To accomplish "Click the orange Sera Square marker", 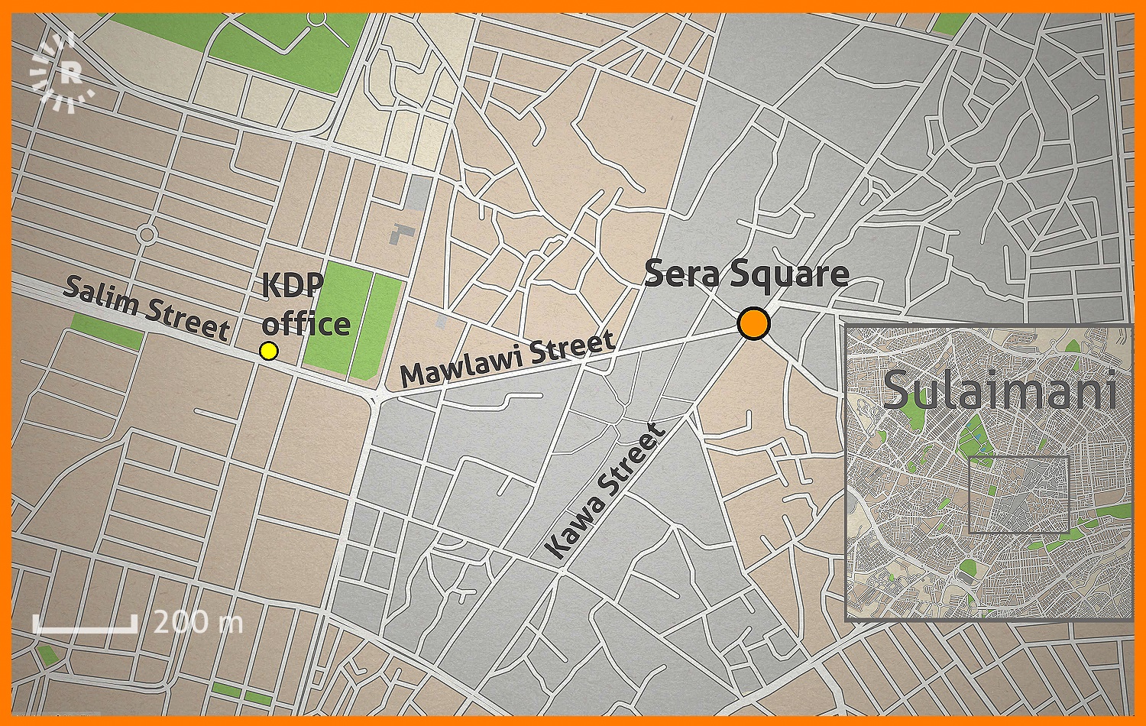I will (753, 324).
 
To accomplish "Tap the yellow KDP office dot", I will (268, 351).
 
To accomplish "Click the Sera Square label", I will (746, 274).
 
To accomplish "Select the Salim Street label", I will (146, 308).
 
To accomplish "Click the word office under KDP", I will (306, 323).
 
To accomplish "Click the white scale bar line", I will (85, 629).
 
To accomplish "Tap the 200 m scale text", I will (198, 622).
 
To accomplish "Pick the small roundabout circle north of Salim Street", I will (147, 233).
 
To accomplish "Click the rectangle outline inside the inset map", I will (1018, 494).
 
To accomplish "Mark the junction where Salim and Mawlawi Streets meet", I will (377, 396).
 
